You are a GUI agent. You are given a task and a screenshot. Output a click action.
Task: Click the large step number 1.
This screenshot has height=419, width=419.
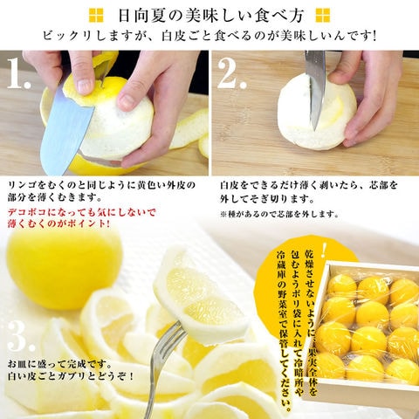click(18, 73)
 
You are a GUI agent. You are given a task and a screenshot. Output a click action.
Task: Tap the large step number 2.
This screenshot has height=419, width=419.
click(231, 73)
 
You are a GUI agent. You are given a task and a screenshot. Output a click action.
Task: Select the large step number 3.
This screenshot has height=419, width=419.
click(20, 335)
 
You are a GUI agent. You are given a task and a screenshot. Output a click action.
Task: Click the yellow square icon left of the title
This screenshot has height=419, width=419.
click(96, 16)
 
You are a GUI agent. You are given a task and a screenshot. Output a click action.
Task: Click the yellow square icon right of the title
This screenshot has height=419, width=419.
click(323, 16)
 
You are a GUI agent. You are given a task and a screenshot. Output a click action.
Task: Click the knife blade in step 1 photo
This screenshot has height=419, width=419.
click(65, 131)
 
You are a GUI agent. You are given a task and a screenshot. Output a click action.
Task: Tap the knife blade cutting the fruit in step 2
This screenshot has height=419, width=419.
click(315, 87)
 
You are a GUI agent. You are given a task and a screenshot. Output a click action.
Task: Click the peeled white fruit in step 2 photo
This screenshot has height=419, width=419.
click(317, 112)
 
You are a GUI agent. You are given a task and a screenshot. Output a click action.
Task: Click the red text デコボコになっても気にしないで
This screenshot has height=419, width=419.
click(82, 212)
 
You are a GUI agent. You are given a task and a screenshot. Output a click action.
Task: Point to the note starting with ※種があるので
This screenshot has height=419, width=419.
click(279, 214)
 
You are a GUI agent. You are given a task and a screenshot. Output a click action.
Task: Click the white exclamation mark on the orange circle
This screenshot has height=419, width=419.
click(324, 250)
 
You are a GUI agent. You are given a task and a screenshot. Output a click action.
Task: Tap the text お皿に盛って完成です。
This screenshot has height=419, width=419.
click(59, 364)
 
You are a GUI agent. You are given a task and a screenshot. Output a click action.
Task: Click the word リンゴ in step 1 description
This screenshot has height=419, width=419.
click(23, 185)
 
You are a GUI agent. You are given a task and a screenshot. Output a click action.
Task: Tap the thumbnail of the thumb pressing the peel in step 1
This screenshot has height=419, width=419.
click(85, 86)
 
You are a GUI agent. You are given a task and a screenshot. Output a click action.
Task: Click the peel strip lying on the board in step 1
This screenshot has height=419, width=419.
click(189, 128)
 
